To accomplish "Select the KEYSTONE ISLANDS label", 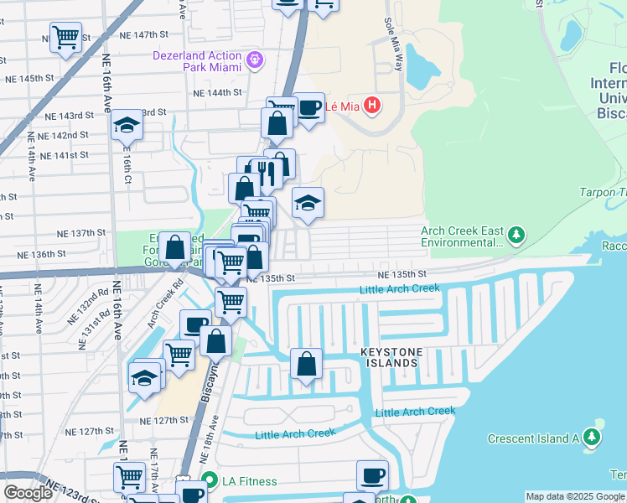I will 389,357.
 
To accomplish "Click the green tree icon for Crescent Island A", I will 593,438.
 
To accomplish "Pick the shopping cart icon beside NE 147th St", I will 65,37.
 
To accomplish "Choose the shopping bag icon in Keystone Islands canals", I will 307,364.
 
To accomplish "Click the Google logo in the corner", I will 28,493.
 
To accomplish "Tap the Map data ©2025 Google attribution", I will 574,496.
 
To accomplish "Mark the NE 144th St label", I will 217,92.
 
